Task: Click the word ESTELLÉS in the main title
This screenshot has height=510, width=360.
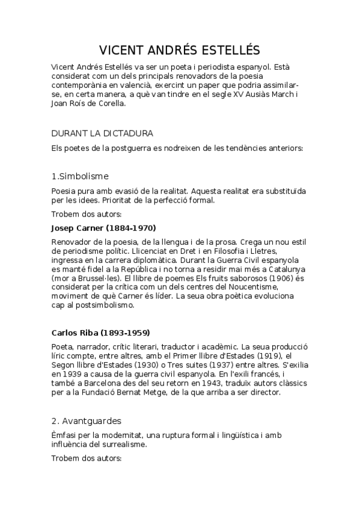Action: coord(227,50)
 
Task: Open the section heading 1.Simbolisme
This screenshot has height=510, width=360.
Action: coord(80,176)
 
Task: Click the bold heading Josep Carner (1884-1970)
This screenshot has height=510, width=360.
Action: coord(95,228)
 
